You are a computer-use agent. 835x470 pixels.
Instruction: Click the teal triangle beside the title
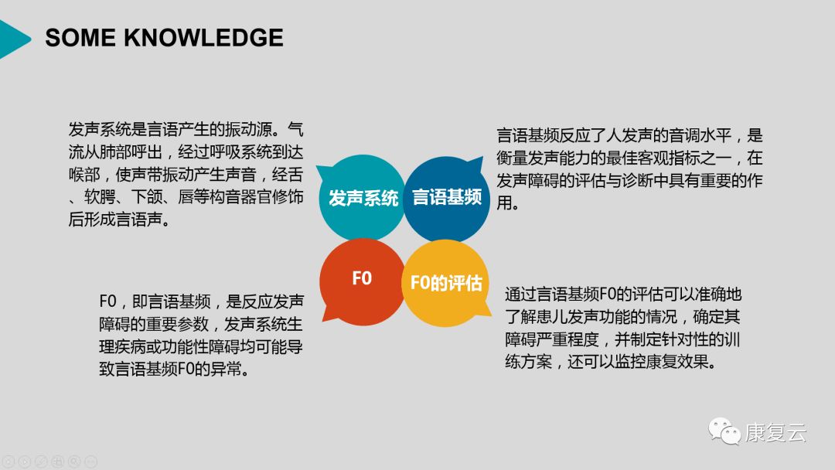tap(13, 39)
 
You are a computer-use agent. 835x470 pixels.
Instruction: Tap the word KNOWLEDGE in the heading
tap(204, 38)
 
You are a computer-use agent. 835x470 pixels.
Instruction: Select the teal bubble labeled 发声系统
tap(361, 197)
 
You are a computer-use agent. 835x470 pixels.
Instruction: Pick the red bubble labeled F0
tap(362, 281)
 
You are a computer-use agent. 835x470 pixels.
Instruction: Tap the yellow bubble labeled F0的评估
tap(446, 283)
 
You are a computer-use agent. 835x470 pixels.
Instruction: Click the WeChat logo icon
tap(724, 431)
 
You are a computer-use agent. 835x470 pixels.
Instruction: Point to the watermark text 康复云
tap(775, 432)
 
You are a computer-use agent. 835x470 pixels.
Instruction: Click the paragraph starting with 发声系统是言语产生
tap(186, 174)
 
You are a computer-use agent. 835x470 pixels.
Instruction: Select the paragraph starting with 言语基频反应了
tap(629, 169)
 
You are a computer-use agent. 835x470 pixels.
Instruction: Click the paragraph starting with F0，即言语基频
tap(201, 335)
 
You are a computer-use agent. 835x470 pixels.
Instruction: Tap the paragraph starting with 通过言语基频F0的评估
tap(623, 328)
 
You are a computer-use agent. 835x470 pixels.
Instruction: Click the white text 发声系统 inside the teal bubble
tap(363, 198)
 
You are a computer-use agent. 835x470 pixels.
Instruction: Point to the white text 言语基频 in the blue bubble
tap(447, 197)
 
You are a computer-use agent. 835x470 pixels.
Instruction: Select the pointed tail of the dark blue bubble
tap(479, 160)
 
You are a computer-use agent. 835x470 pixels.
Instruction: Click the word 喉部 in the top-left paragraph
tap(84, 175)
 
